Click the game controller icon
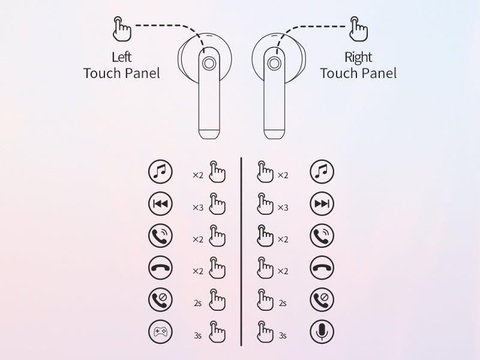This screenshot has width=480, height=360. point(160,332)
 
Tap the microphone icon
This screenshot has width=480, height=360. point(322,332)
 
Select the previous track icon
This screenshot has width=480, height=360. point(160,203)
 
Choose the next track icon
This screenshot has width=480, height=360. point(322,203)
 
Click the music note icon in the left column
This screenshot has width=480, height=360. point(160,172)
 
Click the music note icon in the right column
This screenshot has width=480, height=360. point(322,172)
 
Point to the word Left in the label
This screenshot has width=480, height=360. point(122,57)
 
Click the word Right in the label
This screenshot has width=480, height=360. point(358,58)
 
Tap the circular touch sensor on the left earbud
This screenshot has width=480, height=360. point(209,64)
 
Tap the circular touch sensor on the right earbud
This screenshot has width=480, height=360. point(274,64)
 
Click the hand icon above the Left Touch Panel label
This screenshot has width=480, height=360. point(122,29)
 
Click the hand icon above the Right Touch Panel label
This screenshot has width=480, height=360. point(358,29)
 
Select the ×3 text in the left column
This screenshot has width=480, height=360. point(198,208)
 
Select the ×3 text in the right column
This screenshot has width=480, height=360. point(283,208)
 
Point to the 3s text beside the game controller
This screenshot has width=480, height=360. point(198,335)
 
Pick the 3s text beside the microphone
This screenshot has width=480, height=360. point(283,335)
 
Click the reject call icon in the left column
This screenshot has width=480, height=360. point(160,299)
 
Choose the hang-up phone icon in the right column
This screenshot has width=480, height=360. point(322,268)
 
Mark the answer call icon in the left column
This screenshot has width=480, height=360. point(160,235)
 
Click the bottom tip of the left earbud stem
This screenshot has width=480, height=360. point(209,139)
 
